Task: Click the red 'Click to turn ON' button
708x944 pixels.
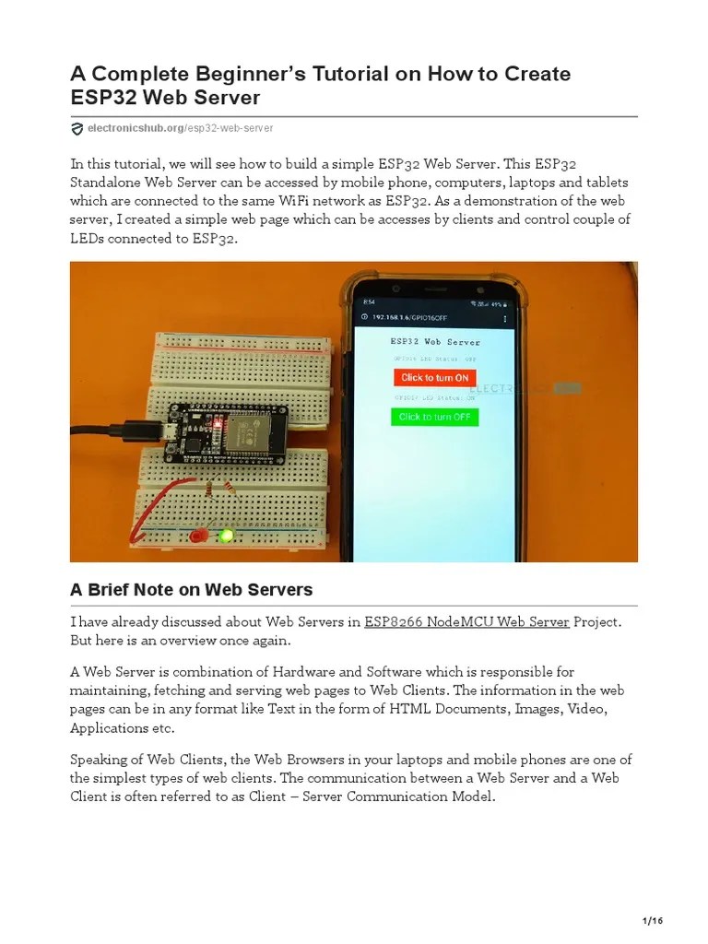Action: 434,377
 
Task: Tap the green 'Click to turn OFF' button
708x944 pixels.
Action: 434,417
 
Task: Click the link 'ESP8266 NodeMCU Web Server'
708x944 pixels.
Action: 466,621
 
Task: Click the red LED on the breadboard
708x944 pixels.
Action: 195,536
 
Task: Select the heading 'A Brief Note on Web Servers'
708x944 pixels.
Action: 192,590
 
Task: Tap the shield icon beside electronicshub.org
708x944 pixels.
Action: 77,128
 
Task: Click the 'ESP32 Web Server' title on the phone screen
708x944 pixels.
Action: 434,341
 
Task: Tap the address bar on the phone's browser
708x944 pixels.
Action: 424,318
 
